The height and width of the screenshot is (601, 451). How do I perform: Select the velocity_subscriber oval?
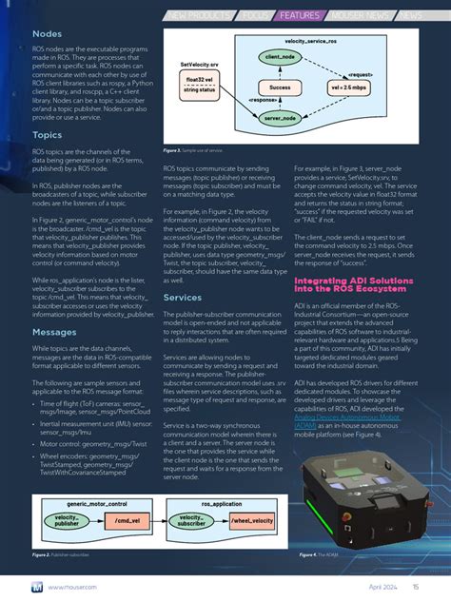pos(192,520)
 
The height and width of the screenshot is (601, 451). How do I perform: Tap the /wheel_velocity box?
pos(253,520)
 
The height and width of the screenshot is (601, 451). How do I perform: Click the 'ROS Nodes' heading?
pos(52,33)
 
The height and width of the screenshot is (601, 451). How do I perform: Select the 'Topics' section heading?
pos(48,135)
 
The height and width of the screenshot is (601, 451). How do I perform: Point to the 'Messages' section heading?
pos(54,305)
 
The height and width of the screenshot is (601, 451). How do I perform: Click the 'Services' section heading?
pos(183,298)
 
